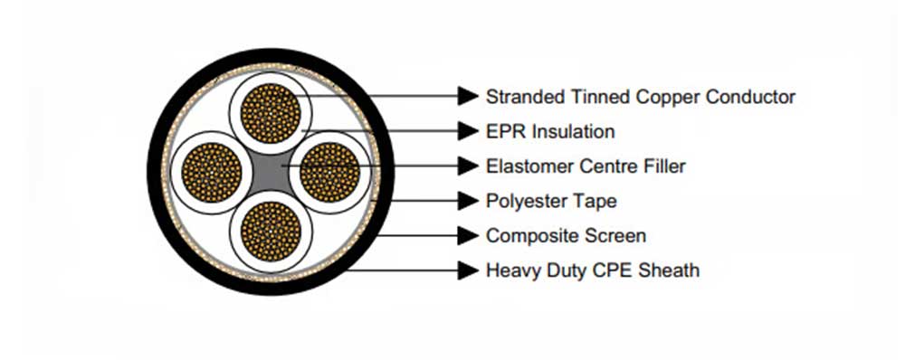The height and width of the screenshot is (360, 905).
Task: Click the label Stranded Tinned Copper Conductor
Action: click(x=640, y=96)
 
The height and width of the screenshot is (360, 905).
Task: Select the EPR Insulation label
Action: click(x=550, y=131)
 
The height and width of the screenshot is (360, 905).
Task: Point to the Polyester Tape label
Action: click(x=551, y=201)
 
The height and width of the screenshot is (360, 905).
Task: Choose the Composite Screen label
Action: click(x=566, y=236)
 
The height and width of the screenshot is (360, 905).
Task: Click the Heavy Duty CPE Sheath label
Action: click(x=592, y=270)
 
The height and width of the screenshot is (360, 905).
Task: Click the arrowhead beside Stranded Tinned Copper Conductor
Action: click(x=467, y=96)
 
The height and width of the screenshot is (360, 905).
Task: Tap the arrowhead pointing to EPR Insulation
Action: click(x=467, y=131)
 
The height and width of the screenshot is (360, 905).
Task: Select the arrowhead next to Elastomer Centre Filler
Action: click(x=467, y=166)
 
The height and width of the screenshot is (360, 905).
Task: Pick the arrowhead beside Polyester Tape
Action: click(x=467, y=201)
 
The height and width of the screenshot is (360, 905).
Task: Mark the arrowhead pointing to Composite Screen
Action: click(x=467, y=236)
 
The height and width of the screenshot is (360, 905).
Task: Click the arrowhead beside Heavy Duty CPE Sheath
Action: click(x=467, y=270)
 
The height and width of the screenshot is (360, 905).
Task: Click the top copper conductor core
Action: click(x=271, y=113)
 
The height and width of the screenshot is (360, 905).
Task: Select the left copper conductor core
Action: click(x=212, y=172)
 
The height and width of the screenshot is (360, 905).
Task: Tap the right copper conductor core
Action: click(x=329, y=172)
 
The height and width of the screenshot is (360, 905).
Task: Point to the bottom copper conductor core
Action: click(x=271, y=230)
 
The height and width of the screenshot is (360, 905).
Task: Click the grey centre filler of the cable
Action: click(x=271, y=172)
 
